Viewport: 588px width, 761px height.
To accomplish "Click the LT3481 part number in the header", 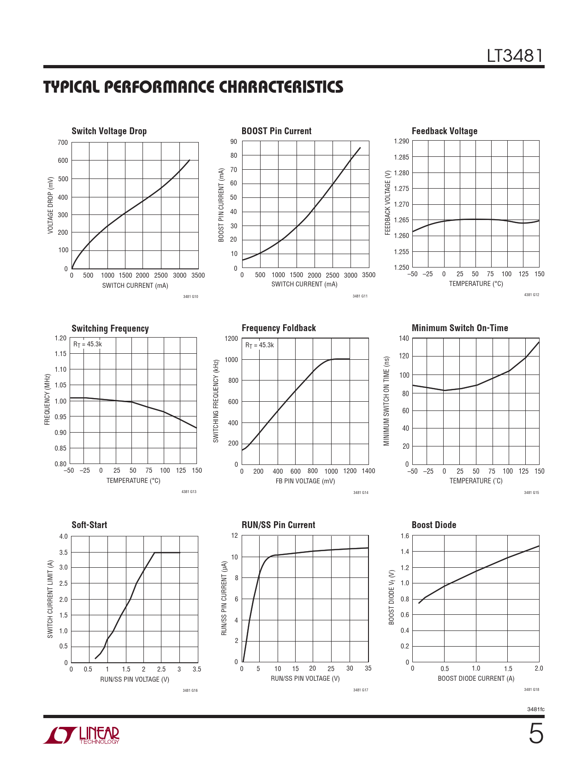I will (515, 56).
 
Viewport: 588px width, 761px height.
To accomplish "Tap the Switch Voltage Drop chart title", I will (109, 131).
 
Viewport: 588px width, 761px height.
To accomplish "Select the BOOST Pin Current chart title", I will (276, 131).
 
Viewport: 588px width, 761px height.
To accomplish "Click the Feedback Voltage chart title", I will (444, 131).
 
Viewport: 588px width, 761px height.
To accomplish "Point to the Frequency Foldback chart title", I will (279, 328).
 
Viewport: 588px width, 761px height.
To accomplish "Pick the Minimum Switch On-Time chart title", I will (459, 328).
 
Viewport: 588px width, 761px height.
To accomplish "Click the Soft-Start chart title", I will (89, 525).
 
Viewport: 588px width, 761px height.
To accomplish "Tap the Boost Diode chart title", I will (434, 525).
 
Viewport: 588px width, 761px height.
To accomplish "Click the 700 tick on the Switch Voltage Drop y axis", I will (63, 143).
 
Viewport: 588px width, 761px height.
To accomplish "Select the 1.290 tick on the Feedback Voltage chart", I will (401, 141).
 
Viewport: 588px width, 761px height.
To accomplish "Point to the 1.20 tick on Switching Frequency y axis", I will (60, 338).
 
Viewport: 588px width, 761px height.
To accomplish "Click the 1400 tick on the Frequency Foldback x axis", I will (368, 471).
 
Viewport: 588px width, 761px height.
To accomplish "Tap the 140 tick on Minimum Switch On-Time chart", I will (404, 339).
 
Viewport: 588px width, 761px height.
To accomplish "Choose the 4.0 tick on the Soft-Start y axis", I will (63, 536).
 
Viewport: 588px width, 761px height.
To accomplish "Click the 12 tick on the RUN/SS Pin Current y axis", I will (234, 535).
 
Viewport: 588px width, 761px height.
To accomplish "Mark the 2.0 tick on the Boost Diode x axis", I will (538, 668).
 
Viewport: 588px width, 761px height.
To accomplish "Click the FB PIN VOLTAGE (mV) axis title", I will (305, 481).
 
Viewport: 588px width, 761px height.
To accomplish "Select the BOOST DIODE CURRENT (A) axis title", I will (475, 678).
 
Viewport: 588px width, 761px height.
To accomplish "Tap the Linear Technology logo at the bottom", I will (82, 735).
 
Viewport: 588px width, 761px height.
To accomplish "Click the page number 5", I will (535, 734).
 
